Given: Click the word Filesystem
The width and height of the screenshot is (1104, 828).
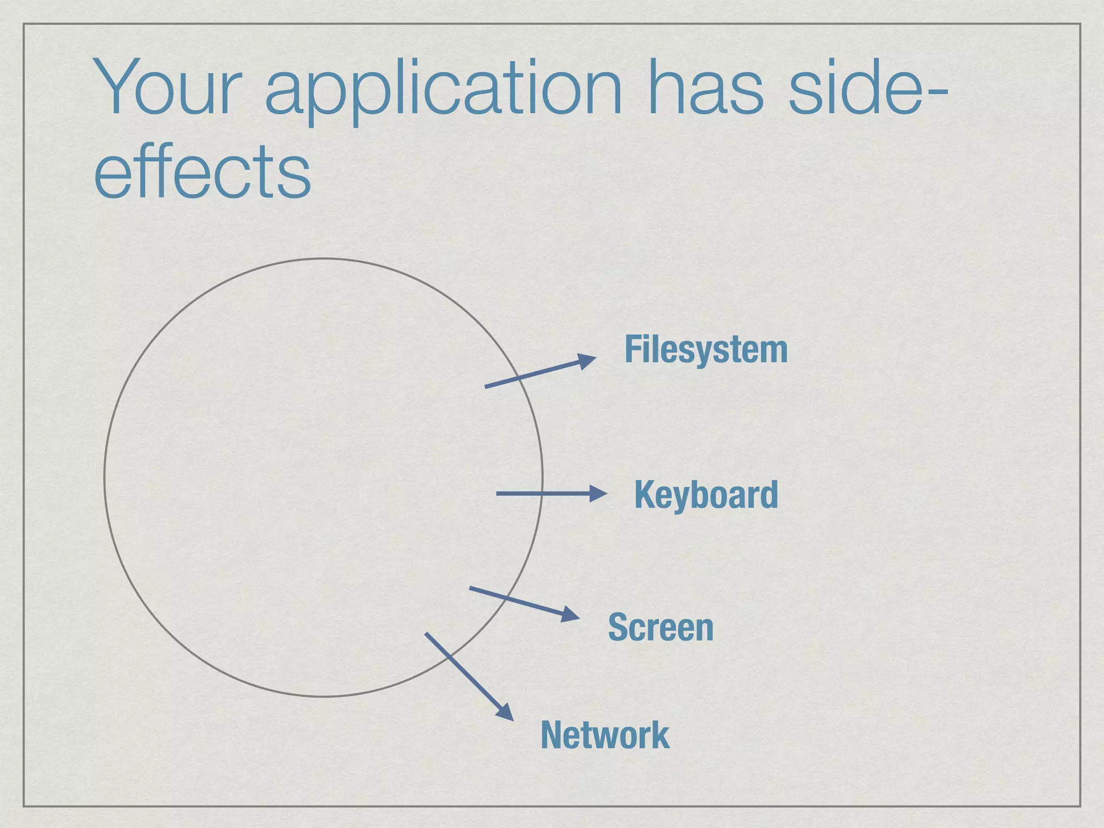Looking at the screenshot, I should pos(706,350).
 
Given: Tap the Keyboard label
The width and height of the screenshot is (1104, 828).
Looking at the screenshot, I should pos(706,494).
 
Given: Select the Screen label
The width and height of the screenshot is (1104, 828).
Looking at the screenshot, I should pos(660,627).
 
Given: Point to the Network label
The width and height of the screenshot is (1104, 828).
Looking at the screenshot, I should pos(605,735).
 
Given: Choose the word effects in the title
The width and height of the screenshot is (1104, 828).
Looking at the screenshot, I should pos(202,171).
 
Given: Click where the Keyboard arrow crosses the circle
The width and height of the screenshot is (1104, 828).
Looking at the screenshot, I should pos(542,493).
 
